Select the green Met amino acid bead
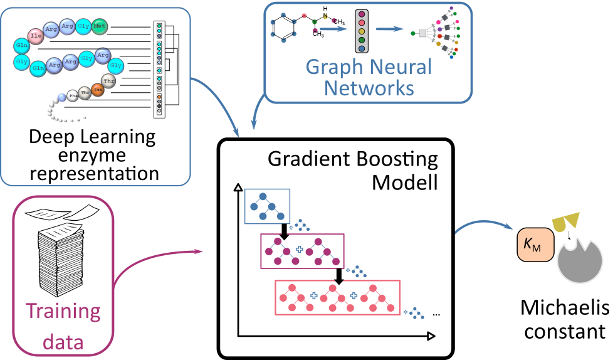point(99,26)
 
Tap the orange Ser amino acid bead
point(97,89)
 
